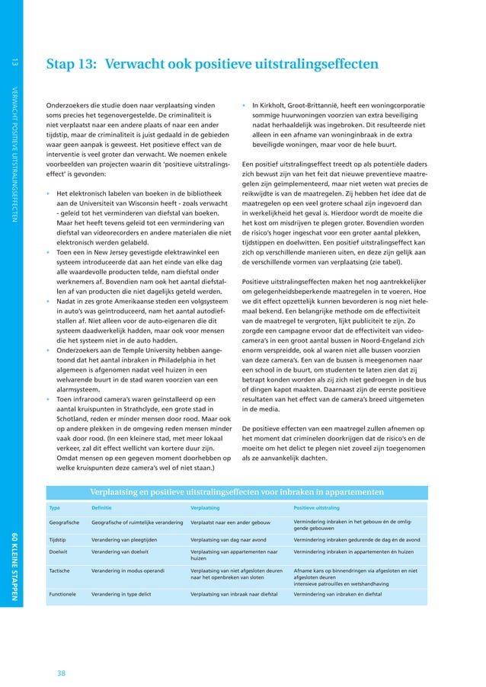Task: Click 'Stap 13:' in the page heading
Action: click(71, 65)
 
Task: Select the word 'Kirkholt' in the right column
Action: click(279, 106)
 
